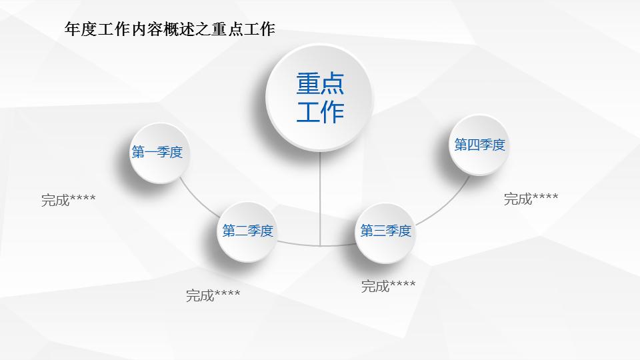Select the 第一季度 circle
(x=157, y=153)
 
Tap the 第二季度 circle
(x=248, y=231)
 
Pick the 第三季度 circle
(x=385, y=231)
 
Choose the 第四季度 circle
(x=480, y=145)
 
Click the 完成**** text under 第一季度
(x=68, y=199)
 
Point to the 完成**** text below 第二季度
(x=213, y=295)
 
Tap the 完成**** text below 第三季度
(x=388, y=287)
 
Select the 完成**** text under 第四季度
(x=531, y=199)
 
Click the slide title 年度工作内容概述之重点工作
(x=169, y=29)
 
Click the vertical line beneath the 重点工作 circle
(x=320, y=200)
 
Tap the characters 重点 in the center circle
(x=320, y=83)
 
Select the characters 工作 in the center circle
(x=320, y=111)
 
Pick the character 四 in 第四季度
(x=473, y=145)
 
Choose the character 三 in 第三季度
(x=379, y=231)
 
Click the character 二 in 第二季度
(x=241, y=231)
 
